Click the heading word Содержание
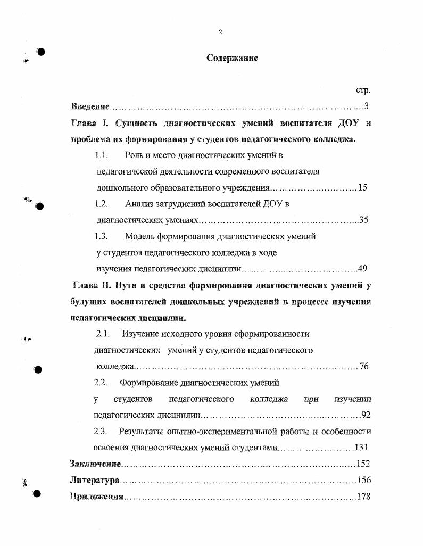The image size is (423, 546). click(232, 58)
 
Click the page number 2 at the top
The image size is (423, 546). click(220, 32)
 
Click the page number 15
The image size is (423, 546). click(362, 187)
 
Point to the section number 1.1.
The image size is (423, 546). click(102, 155)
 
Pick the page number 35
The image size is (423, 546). click(363, 219)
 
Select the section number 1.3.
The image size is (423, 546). click(102, 236)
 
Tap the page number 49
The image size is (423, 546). click(362, 268)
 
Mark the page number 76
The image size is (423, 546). click(363, 366)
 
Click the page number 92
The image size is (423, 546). click(366, 415)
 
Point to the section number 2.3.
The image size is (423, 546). click(101, 431)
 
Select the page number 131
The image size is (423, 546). click(361, 447)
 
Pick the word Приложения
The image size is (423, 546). click(97, 497)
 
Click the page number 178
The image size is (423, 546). click(363, 497)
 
